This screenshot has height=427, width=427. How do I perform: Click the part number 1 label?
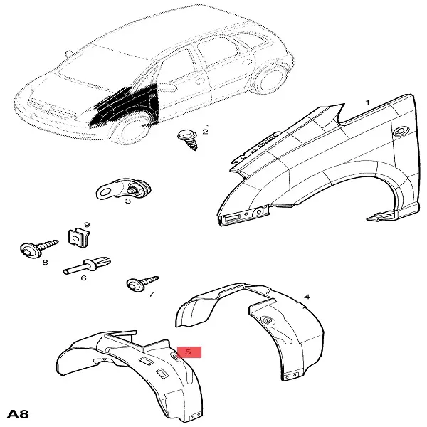click(368, 102)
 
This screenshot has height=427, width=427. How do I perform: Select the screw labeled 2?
click(188, 139)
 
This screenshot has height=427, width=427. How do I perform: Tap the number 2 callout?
click(206, 132)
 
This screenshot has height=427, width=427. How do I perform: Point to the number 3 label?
click(127, 201)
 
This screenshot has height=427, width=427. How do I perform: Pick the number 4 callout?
click(307, 297)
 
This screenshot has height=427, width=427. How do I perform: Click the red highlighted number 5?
click(189, 352)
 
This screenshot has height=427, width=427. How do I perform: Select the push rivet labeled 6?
click(87, 265)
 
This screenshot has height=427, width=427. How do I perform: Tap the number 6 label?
click(83, 278)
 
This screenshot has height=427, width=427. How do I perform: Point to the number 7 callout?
click(152, 294)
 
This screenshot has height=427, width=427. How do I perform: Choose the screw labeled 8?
click(39, 248)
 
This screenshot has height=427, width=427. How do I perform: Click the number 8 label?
click(46, 262)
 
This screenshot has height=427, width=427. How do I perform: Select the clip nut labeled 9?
click(78, 238)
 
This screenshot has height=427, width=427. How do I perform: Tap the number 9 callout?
click(87, 225)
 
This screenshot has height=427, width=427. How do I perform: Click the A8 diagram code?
click(18, 414)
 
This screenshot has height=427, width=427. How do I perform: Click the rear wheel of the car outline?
click(270, 79)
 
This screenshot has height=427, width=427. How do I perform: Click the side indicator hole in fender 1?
click(402, 130)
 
